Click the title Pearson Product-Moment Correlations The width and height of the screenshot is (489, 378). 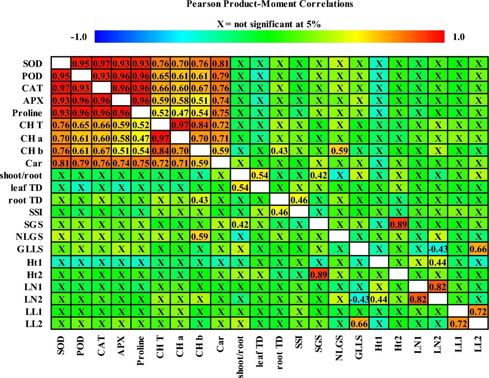269,4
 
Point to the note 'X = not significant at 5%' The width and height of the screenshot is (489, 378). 269,24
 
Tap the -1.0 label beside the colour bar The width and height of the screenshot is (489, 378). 79,37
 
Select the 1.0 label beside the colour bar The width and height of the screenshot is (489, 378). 458,37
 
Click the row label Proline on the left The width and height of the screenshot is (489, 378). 27,113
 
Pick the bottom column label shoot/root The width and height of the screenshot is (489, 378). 240,357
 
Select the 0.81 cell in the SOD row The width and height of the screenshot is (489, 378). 221,63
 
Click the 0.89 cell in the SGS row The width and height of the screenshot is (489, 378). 399,225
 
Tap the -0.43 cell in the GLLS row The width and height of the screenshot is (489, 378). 438,249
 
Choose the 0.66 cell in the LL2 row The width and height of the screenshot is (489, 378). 359,324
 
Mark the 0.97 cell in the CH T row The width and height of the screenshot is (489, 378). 180,125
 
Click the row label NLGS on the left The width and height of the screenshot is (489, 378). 30,237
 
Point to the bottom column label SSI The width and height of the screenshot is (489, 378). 299,343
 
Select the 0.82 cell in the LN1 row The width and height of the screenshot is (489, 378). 438,287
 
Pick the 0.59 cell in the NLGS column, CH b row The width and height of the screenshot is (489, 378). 339,151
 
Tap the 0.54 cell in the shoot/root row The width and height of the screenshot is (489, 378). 260,175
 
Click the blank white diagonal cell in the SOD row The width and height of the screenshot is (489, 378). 61,63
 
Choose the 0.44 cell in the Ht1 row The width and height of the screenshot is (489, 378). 438,262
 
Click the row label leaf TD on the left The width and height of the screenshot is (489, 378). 27,188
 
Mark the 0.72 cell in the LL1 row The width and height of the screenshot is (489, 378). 478,312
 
